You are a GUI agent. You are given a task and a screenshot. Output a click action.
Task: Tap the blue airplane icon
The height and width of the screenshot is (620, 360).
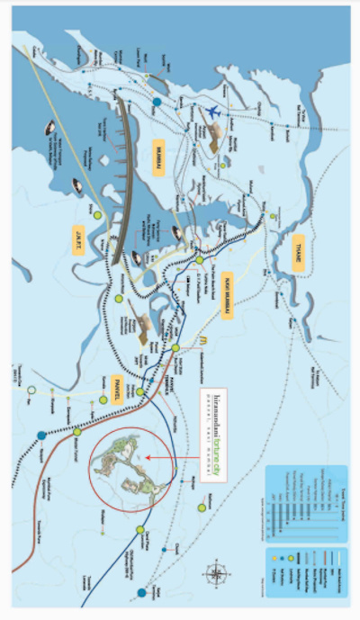point(212,112)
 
